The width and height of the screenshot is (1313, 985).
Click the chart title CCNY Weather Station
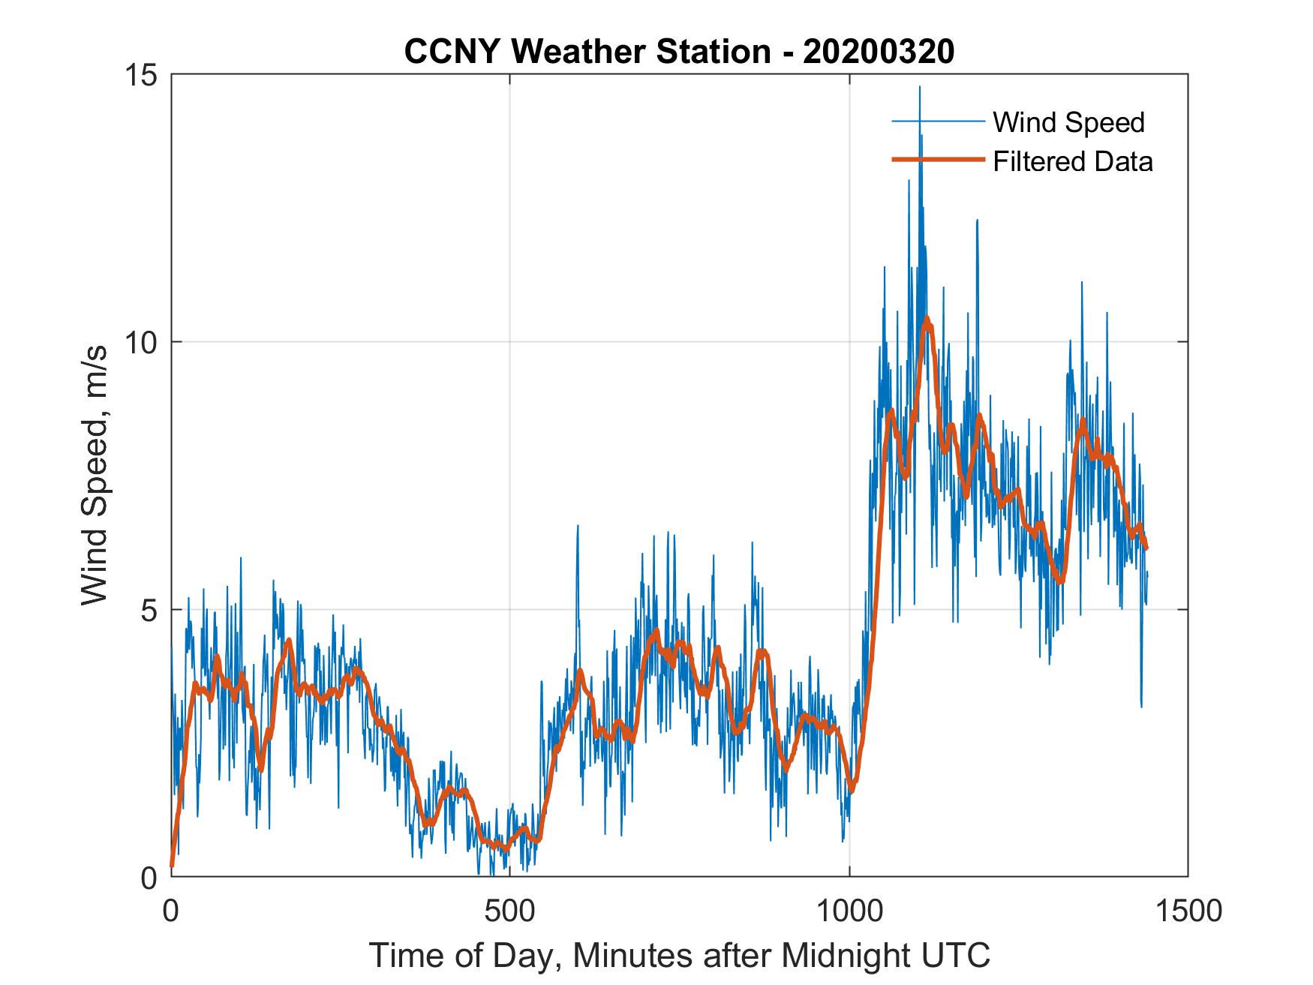pos(587,51)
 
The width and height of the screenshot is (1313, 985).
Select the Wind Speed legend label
pos(1068,122)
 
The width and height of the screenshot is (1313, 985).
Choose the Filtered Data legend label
pos(1073,161)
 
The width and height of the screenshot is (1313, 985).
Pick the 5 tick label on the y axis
pos(151,610)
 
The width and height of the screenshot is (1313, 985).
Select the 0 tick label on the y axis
pos(151,877)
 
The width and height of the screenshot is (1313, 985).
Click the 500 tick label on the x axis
pos(510,911)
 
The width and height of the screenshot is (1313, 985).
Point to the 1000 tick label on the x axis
pos(849,911)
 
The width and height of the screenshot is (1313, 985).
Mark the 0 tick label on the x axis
pos(172,911)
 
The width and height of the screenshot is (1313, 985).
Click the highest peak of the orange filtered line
pos(927,319)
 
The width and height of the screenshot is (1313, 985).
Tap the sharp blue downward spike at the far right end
pos(1141,705)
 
